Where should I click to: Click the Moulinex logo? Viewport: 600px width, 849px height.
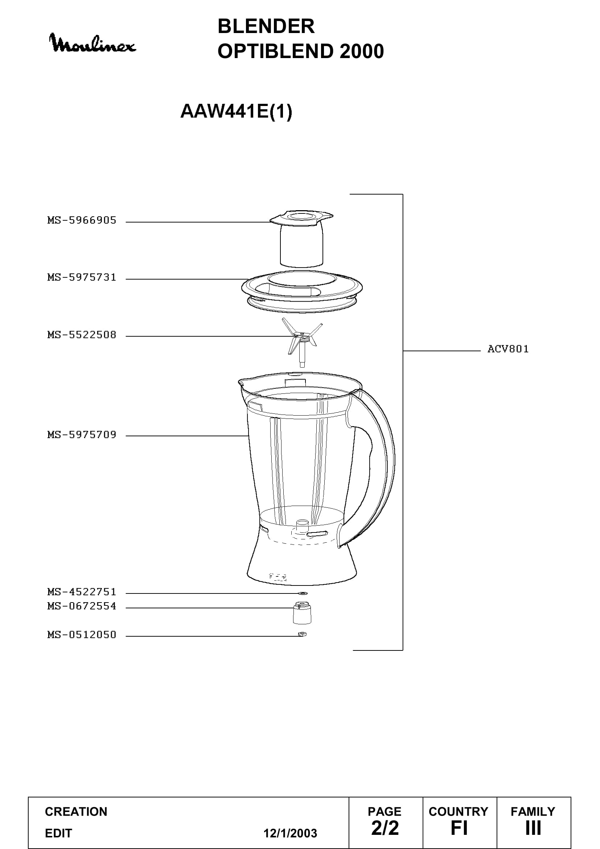(93, 43)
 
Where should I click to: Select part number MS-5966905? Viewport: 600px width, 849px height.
(82, 220)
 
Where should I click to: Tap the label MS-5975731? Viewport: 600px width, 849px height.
(82, 277)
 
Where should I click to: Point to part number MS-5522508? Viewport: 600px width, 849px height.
(82, 335)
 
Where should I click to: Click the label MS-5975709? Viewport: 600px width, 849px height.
(82, 434)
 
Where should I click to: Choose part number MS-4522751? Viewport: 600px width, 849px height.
(82, 592)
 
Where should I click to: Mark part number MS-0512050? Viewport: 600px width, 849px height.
(82, 634)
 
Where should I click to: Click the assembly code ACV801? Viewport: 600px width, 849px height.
(508, 349)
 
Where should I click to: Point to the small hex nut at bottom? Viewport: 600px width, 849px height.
(302, 634)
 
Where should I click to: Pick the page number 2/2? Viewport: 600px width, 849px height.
(385, 828)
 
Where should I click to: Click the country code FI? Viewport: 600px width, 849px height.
(459, 828)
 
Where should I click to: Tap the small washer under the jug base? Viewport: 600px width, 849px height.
(303, 593)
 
